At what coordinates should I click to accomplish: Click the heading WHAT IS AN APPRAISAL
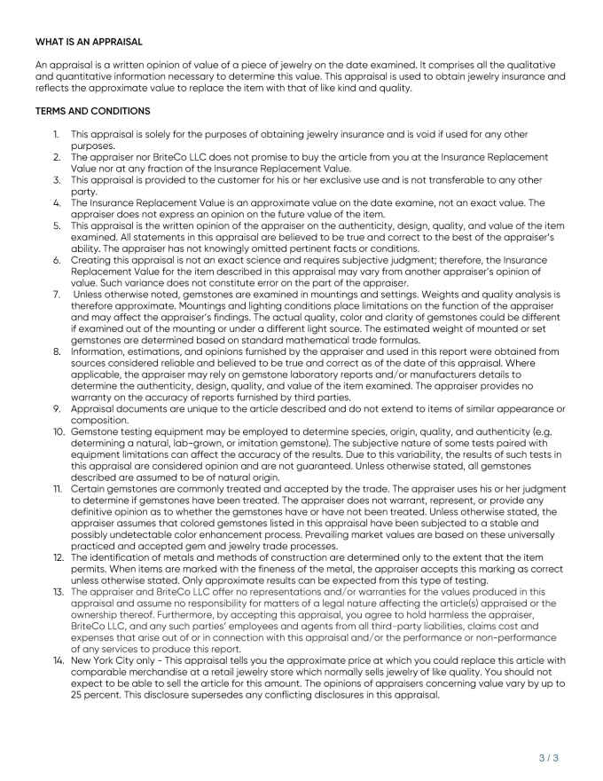click(x=89, y=42)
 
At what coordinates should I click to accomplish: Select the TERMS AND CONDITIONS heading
click(x=93, y=111)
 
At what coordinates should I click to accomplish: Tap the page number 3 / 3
click(x=549, y=757)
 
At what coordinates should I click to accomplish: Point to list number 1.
click(x=55, y=134)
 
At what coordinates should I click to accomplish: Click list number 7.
click(x=55, y=294)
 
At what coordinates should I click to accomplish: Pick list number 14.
click(x=56, y=660)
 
